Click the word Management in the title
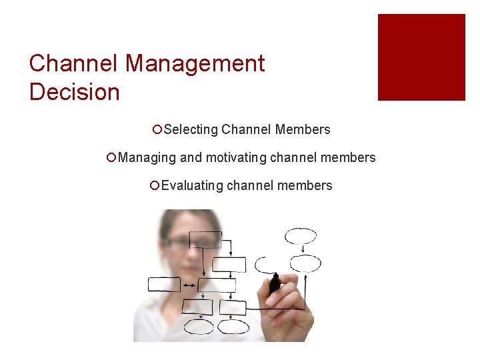tap(195, 64)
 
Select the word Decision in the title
tap(74, 92)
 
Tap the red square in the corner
tap(421, 57)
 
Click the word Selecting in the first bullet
tap(191, 130)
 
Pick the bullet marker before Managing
tap(111, 158)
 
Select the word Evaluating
tap(192, 186)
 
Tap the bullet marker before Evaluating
tap(154, 186)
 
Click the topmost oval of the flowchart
tap(301, 236)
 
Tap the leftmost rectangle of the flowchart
tap(164, 285)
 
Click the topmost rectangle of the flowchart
tap(205, 239)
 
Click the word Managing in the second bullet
tap(147, 158)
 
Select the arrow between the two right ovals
tap(301, 249)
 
